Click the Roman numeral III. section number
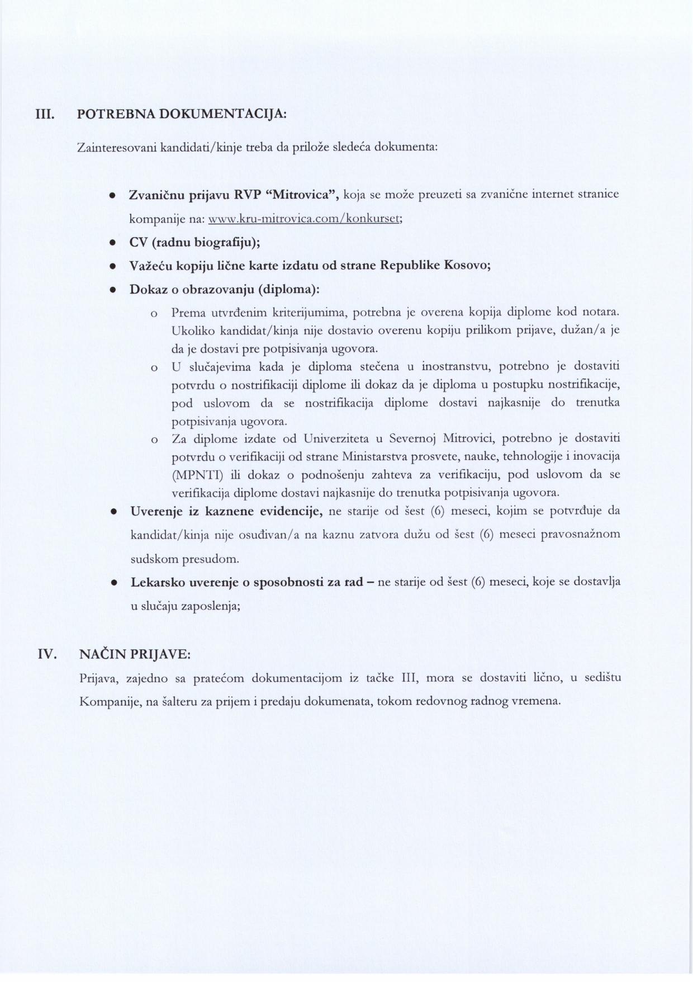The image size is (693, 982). pyautogui.click(x=45, y=115)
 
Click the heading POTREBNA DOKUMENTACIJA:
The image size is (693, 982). pyautogui.click(x=182, y=115)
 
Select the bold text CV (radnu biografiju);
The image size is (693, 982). pyautogui.click(x=196, y=243)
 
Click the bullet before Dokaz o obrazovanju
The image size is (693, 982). pyautogui.click(x=112, y=290)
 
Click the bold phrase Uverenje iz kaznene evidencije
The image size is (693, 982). pyautogui.click(x=226, y=512)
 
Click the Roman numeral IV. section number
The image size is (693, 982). pyautogui.click(x=47, y=654)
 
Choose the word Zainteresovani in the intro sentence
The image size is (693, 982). pyautogui.click(x=117, y=148)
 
